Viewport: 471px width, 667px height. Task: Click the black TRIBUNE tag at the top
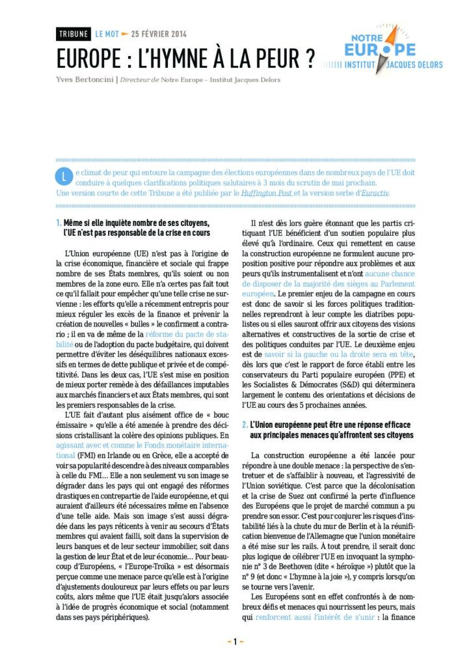pyautogui.click(x=73, y=34)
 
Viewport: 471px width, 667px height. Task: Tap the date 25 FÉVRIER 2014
pyautogui.click(x=159, y=34)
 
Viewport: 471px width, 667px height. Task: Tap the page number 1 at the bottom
pyautogui.click(x=235, y=641)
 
